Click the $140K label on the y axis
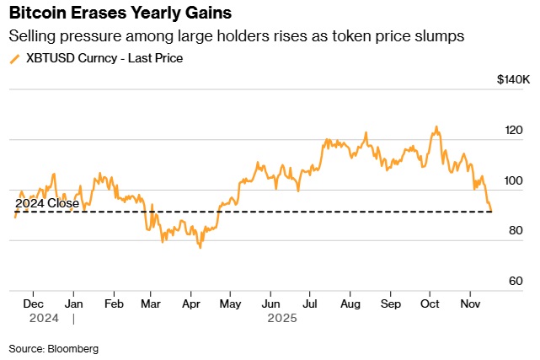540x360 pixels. tap(513, 80)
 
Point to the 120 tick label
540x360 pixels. tap(514, 131)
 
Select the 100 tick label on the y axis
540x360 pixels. tap(514, 181)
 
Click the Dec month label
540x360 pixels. tap(34, 303)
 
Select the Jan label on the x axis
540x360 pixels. tap(74, 303)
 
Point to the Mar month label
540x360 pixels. tap(152, 303)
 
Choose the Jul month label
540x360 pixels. tap(310, 303)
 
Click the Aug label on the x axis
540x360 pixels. tap(350, 303)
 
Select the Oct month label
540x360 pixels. tap(430, 303)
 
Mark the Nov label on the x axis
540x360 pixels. tap(470, 303)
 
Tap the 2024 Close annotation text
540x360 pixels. tap(47, 203)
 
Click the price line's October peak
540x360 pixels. tap(436, 127)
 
